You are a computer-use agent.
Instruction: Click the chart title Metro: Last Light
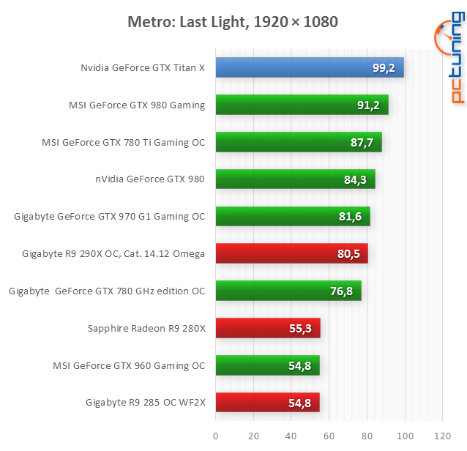pos(233,22)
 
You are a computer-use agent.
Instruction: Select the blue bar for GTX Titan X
pos(309,68)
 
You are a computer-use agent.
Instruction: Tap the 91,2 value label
pos(367,105)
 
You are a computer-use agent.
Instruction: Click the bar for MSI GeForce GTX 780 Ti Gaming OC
pos(298,143)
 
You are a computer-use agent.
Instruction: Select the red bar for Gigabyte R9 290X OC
pos(291,254)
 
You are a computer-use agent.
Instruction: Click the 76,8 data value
pos(341,291)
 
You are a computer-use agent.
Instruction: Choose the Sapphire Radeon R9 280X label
pos(146,329)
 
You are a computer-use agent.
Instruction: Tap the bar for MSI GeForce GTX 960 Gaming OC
pos(267,365)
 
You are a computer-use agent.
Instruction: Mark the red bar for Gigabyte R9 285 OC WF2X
pos(267,403)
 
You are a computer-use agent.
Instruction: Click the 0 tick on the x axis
pos(215,436)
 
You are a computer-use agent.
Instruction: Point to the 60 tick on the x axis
pos(329,436)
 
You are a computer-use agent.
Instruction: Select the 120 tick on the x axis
pos(442,436)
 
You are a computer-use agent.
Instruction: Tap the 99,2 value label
pos(383,68)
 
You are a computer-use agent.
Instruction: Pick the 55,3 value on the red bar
pos(301,329)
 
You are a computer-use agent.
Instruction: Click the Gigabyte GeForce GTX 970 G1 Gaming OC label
pos(110,217)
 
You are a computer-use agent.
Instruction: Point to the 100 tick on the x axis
pos(404,436)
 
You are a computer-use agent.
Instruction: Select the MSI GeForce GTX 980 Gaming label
pos(137,105)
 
